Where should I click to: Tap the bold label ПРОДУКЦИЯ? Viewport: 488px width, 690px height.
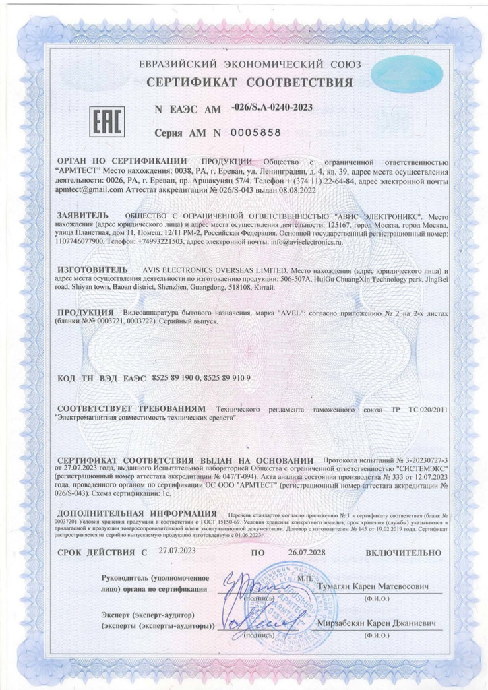click(84, 314)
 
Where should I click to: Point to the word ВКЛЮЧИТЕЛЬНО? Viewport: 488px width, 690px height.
click(403, 553)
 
